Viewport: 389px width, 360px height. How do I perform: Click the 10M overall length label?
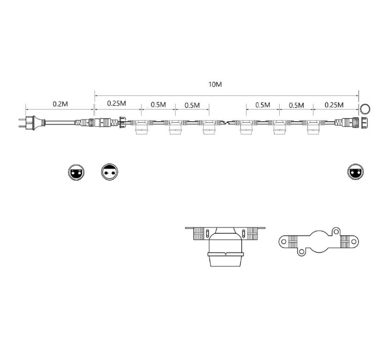click(x=215, y=84)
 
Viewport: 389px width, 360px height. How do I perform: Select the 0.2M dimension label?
click(x=60, y=104)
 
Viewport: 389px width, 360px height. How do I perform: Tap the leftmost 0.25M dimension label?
click(x=117, y=103)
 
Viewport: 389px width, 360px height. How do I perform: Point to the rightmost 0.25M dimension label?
click(x=334, y=105)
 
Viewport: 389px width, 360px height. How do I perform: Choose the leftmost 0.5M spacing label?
click(x=158, y=105)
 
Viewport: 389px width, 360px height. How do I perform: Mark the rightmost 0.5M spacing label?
click(x=296, y=105)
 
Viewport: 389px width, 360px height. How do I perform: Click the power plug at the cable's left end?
click(x=32, y=123)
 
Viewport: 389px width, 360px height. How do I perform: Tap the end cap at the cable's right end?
click(x=364, y=123)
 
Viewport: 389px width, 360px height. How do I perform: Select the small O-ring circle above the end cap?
click(x=365, y=109)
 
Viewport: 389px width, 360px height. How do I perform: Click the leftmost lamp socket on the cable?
click(x=141, y=127)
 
